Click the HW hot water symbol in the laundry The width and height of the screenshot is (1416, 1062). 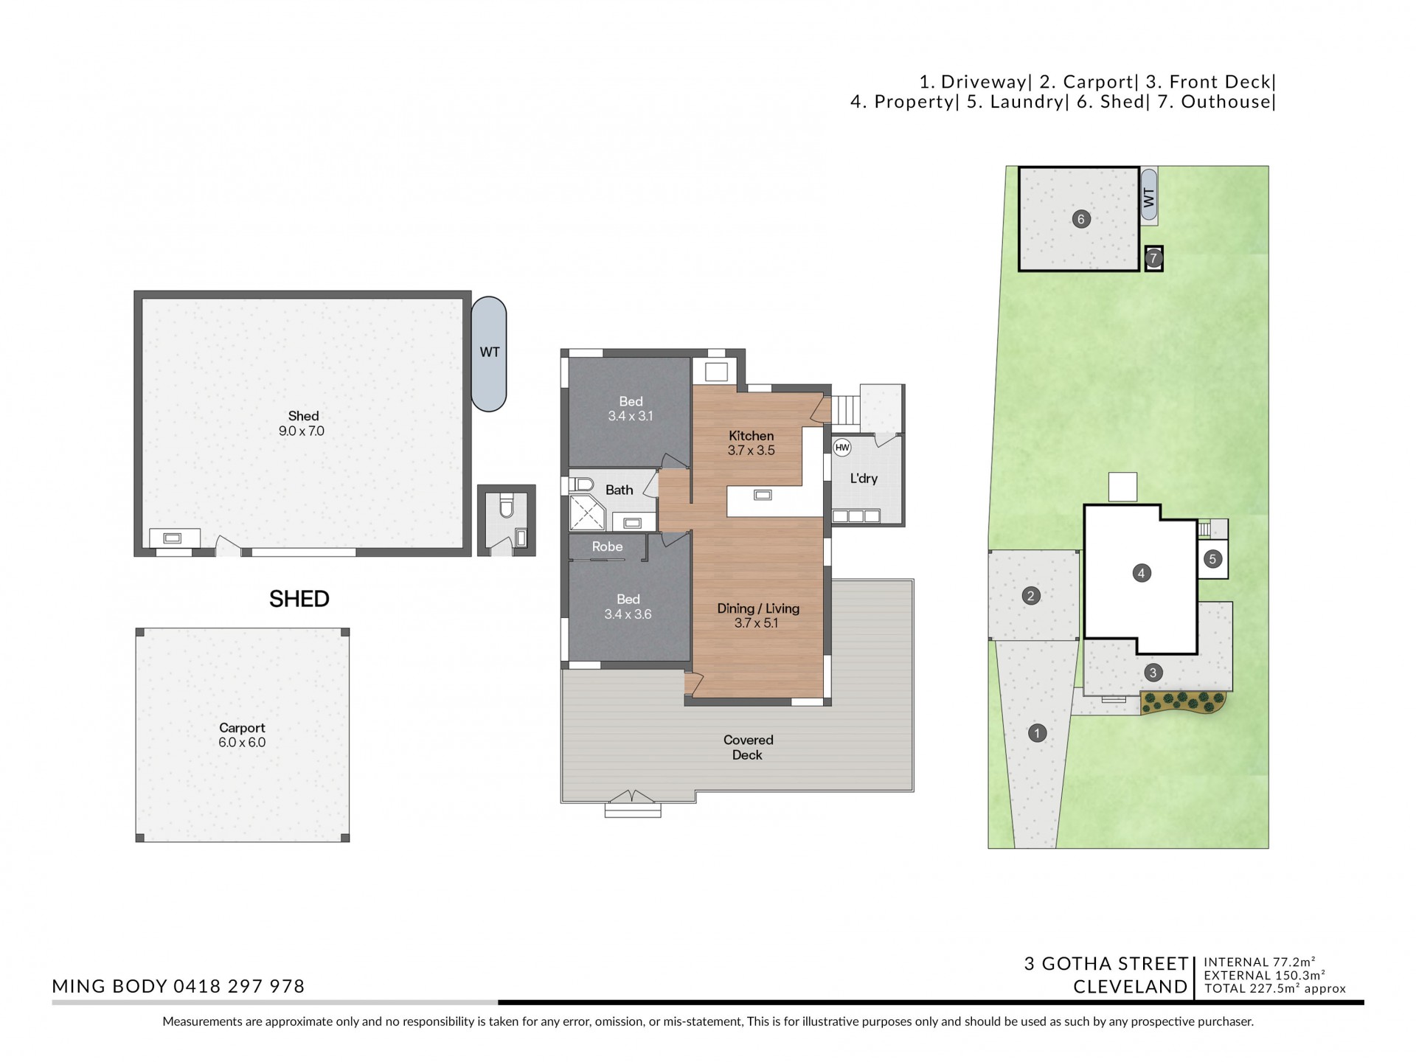click(842, 448)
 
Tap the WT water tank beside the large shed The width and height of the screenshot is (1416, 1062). click(489, 353)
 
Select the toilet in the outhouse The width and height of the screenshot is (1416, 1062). click(506, 507)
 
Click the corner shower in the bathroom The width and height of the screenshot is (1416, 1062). click(587, 513)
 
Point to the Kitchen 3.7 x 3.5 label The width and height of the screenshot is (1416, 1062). click(751, 443)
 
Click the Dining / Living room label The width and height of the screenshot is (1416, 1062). click(757, 615)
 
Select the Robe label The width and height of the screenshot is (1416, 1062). click(607, 546)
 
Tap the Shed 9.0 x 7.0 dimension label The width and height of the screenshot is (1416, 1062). click(302, 423)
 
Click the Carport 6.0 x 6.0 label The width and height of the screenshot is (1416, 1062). click(242, 735)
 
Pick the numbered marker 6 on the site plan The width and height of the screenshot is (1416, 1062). click(1081, 218)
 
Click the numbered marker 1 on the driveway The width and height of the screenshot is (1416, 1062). click(1037, 733)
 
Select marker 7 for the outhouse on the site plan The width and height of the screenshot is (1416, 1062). click(1153, 258)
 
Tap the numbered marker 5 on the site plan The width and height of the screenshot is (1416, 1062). click(1212, 559)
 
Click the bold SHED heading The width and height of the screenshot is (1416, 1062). click(299, 599)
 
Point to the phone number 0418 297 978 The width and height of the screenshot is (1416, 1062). click(239, 986)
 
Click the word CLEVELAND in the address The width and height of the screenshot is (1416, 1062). click(1131, 987)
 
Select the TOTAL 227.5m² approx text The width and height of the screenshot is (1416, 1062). click(1275, 989)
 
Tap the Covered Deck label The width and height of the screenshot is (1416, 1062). click(748, 747)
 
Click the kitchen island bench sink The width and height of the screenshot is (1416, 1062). click(763, 495)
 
